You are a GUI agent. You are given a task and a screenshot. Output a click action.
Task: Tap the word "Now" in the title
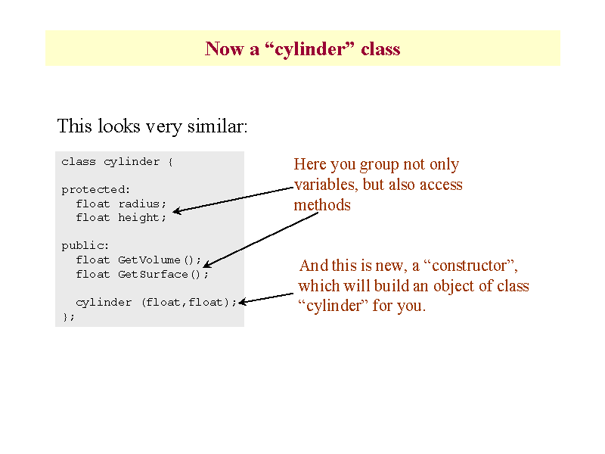(x=224, y=49)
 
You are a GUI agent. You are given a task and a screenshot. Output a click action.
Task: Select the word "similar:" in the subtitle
(x=217, y=126)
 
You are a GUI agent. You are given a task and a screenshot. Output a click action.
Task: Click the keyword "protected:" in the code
(x=96, y=190)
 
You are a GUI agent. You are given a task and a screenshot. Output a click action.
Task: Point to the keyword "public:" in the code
(x=85, y=246)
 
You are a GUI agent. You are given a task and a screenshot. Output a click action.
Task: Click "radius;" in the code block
(x=142, y=204)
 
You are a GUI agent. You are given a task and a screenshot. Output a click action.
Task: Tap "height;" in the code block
(x=142, y=218)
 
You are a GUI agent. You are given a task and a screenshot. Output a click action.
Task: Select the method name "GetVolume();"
(x=160, y=260)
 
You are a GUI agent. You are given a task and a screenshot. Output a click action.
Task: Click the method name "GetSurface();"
(x=163, y=275)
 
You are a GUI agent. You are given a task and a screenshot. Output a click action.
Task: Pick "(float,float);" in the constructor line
(x=189, y=302)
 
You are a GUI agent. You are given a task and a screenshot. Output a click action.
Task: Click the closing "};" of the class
(x=68, y=317)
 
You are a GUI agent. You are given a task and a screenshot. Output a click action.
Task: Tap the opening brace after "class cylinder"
(x=170, y=162)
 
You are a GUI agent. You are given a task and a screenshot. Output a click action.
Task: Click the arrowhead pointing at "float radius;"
(x=176, y=211)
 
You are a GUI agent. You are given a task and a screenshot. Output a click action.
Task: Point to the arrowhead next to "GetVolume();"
(x=206, y=264)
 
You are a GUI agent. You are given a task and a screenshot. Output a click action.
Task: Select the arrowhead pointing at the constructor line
(x=242, y=302)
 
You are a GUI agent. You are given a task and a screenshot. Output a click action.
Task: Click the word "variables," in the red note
(x=324, y=185)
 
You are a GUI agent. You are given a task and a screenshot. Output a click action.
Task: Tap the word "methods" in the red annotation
(x=322, y=205)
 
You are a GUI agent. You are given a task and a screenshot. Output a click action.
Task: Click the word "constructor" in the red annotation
(x=469, y=266)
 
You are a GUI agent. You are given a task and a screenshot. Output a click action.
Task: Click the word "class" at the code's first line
(x=79, y=162)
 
